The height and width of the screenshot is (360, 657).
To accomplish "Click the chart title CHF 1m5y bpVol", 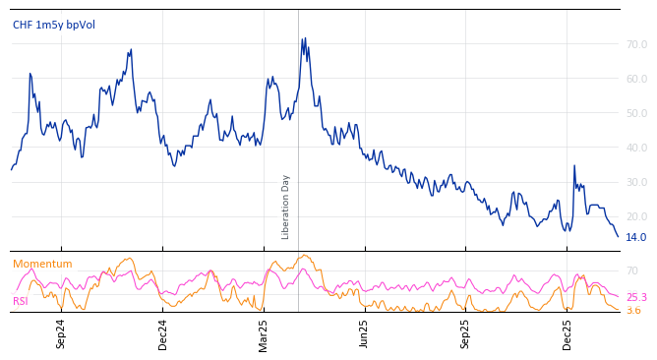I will (x=54, y=25).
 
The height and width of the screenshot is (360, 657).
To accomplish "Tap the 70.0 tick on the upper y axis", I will (x=636, y=44).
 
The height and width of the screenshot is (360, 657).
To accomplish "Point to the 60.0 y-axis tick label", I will (x=636, y=79).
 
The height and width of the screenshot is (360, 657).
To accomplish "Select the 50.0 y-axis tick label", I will (x=636, y=113).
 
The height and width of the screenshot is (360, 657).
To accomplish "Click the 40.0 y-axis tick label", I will (x=636, y=148).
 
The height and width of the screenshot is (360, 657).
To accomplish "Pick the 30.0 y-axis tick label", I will (x=636, y=182).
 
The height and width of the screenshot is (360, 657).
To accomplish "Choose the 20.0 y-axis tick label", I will (x=636, y=216).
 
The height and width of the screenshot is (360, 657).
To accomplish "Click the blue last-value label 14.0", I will (x=636, y=237).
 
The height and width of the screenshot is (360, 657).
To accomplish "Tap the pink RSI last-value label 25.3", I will (x=636, y=297).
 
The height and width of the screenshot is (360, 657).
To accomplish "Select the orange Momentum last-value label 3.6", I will (x=633, y=310).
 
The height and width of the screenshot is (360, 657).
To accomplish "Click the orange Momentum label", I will (x=42, y=264).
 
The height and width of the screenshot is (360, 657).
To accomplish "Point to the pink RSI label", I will (x=20, y=301).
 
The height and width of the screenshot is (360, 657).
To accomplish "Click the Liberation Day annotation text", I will (x=286, y=207).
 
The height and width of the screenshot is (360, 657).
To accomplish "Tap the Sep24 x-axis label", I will (x=61, y=334).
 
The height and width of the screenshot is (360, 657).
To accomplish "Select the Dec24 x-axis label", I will (x=163, y=334).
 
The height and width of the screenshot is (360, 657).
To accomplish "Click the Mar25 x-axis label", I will (x=264, y=334).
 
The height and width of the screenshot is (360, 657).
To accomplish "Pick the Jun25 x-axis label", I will (x=365, y=334).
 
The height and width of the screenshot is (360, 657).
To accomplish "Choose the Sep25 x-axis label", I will (x=466, y=334).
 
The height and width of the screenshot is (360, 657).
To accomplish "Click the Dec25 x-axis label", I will (x=567, y=334).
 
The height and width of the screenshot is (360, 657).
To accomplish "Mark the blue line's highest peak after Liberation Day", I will (x=303, y=38).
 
